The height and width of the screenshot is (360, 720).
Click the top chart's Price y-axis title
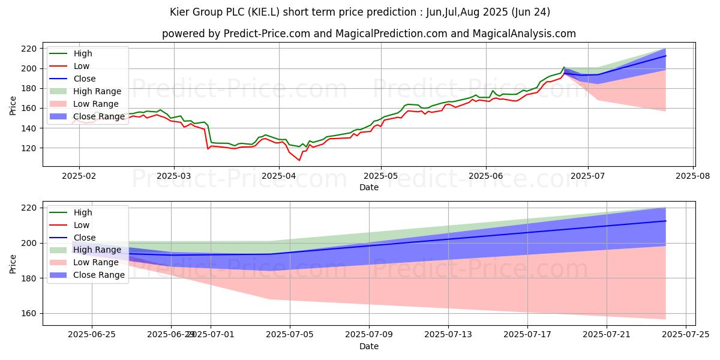[x=13, y=106]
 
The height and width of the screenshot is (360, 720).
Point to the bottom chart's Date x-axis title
[x=368, y=346]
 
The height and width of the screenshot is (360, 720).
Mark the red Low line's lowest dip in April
[x=299, y=160]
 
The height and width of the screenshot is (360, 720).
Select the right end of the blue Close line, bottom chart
[x=665, y=221]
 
